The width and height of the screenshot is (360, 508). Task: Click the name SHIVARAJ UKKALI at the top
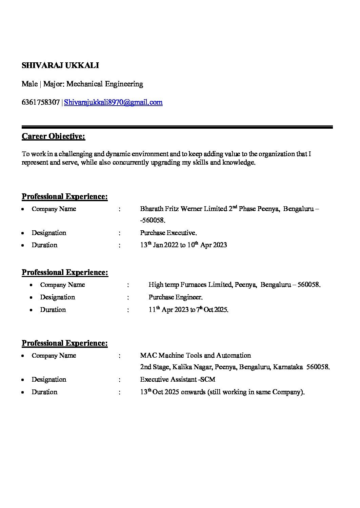(x=60, y=65)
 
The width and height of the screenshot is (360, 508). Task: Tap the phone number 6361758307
(x=41, y=102)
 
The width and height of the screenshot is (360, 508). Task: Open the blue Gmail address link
(x=113, y=102)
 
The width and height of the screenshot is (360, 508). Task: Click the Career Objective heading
(x=53, y=136)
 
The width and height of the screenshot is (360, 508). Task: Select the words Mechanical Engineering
(x=105, y=84)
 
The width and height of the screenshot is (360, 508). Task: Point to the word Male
(x=29, y=84)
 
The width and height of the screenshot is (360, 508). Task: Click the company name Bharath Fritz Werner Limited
(x=183, y=209)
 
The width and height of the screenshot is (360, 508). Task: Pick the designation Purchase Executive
(x=168, y=233)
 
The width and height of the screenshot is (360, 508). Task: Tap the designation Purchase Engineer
(x=175, y=297)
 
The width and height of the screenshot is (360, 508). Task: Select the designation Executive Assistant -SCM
(x=178, y=379)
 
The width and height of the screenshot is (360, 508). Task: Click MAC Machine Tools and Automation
(x=195, y=355)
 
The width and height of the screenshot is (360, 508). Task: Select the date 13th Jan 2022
(x=159, y=245)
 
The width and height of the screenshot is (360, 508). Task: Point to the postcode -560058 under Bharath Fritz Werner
(x=153, y=220)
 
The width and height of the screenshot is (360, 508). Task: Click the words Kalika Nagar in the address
(x=194, y=367)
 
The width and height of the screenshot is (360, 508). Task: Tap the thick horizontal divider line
(x=177, y=127)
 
